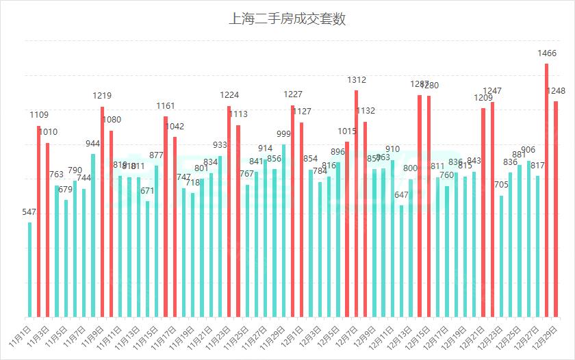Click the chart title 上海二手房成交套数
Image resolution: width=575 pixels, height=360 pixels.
point(287,19)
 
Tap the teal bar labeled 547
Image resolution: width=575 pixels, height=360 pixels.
point(30,270)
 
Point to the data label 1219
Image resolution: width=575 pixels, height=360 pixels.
point(102,96)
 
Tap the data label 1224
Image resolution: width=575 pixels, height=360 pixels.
point(229,95)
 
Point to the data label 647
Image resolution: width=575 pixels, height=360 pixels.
point(401,195)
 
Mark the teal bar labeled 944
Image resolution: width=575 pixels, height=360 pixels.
point(93,235)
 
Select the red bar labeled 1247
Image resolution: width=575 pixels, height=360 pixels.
point(492,209)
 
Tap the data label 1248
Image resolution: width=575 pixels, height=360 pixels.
point(556,91)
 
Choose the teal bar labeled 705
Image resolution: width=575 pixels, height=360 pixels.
point(501,256)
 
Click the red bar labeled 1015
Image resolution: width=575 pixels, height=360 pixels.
point(347,229)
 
